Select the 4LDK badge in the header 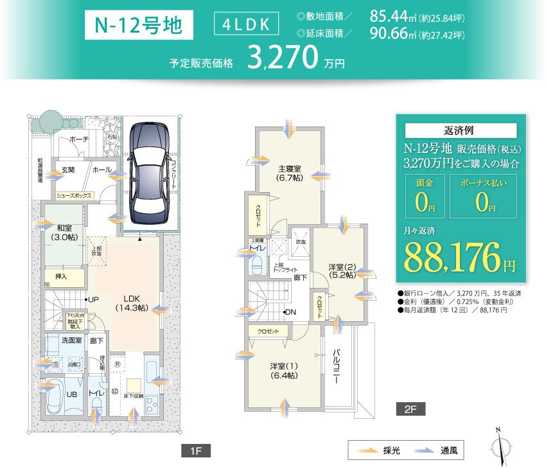(247, 24)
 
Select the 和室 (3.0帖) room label (64, 232)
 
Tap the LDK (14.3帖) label (132, 303)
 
